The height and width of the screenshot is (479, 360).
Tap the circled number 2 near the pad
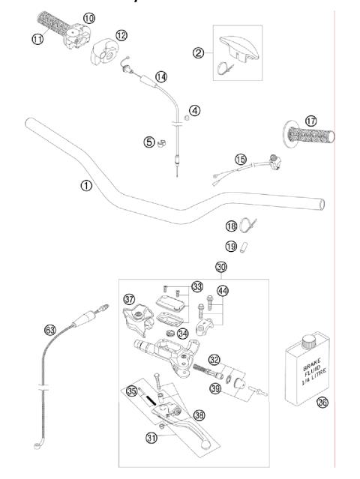pyautogui.click(x=198, y=52)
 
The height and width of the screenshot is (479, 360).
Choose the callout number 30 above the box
pyautogui.click(x=220, y=267)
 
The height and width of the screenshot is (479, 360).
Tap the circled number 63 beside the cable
pyautogui.click(x=51, y=328)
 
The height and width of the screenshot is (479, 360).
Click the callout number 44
pyautogui.click(x=222, y=290)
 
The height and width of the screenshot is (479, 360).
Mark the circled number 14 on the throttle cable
pyautogui.click(x=161, y=76)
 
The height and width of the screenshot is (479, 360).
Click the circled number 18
pyautogui.click(x=231, y=226)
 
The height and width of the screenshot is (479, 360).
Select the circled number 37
pyautogui.click(x=129, y=299)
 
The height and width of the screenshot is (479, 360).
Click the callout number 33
pyautogui.click(x=196, y=286)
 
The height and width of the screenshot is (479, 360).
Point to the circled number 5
pyautogui.click(x=149, y=140)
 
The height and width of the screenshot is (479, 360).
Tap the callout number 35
pyautogui.click(x=132, y=391)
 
